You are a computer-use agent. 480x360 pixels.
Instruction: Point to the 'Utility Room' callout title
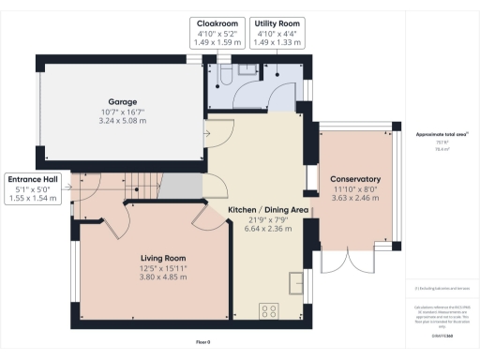point(277,22)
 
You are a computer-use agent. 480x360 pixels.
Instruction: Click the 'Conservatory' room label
point(354,178)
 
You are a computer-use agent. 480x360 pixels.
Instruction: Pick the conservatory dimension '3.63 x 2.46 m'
point(354,198)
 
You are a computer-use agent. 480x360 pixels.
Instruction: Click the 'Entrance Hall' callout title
point(34,178)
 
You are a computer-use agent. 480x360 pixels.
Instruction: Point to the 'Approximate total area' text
point(441,135)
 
